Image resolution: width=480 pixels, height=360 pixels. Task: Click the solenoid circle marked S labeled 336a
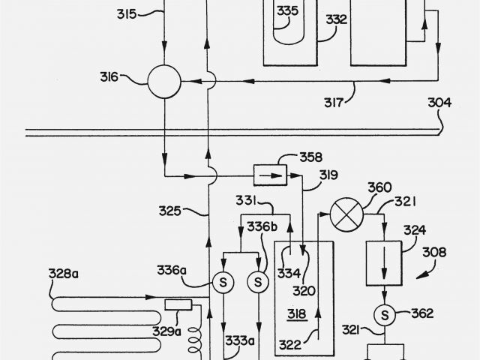(221, 283)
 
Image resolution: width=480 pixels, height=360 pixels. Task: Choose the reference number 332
(336, 20)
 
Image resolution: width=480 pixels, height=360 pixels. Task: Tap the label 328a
(64, 274)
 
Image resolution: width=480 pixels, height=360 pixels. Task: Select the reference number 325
(169, 211)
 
